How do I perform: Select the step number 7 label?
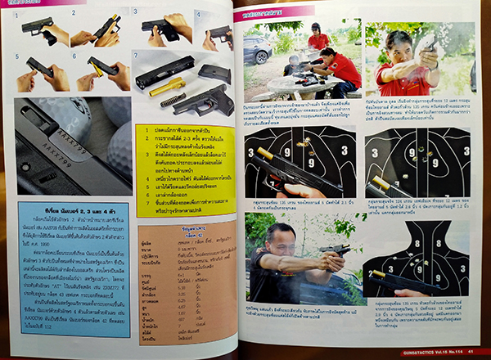137,55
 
